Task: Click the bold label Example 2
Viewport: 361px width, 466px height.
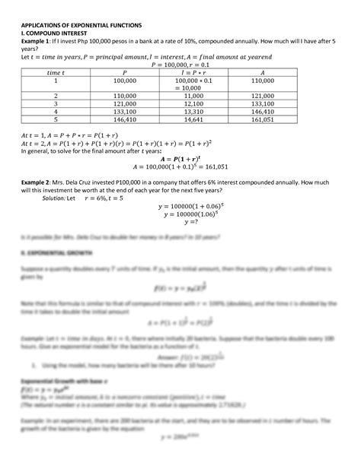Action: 36,183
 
